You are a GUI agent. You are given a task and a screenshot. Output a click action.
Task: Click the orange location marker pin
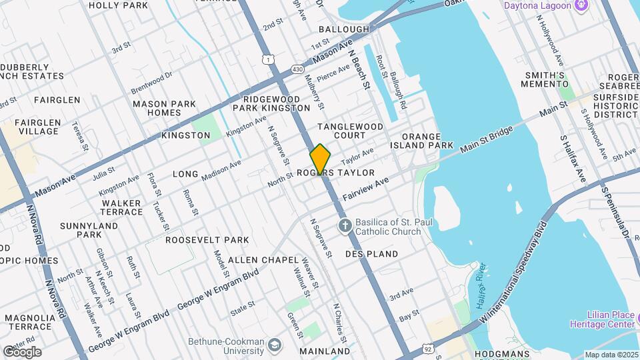(x=320, y=159)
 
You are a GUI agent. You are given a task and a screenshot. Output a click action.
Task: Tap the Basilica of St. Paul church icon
(x=345, y=225)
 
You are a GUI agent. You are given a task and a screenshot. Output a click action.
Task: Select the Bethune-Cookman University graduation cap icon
(x=274, y=345)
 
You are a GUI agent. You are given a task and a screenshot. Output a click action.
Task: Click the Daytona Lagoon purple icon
(x=582, y=6)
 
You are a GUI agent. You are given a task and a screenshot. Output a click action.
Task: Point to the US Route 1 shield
(x=267, y=60)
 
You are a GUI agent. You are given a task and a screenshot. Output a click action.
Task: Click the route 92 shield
(x=427, y=348)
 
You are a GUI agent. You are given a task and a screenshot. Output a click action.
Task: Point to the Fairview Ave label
(x=365, y=189)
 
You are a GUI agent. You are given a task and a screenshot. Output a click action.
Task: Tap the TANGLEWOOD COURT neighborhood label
(x=350, y=131)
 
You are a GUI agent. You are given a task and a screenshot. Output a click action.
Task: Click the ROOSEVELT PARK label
(x=207, y=240)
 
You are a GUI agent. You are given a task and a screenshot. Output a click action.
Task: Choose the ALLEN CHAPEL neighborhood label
(x=256, y=259)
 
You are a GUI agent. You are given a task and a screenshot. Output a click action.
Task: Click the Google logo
(x=22, y=351)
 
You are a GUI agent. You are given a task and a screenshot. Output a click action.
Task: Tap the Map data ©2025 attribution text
(x=611, y=355)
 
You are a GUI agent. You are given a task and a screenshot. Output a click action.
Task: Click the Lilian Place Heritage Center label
(x=602, y=319)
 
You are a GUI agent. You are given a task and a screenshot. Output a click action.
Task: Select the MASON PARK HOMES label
(x=165, y=108)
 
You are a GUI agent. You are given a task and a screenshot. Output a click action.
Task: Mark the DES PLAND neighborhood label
(x=371, y=254)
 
